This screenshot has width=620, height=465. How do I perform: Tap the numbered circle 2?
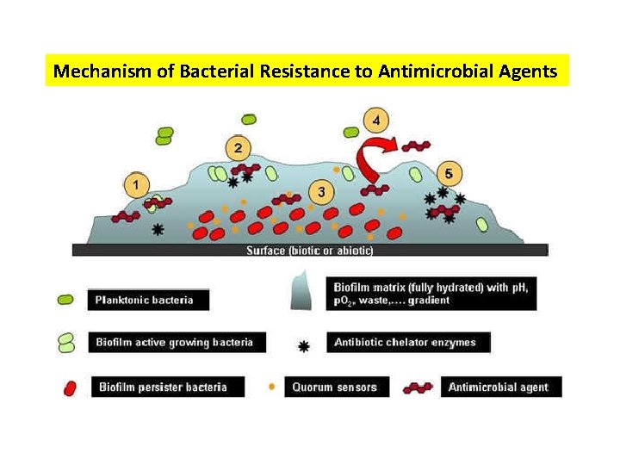238,148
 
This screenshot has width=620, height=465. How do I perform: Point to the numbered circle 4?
376,119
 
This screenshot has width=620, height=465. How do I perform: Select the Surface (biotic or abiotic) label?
309,251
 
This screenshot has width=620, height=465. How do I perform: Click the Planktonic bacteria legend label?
148,300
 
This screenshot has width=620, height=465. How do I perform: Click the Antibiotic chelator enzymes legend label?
408,342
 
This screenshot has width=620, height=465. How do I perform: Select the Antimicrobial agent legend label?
500,387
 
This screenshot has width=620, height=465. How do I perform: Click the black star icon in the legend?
303,346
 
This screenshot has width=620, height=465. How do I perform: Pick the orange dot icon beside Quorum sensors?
271,387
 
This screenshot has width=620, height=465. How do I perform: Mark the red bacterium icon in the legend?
70,388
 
